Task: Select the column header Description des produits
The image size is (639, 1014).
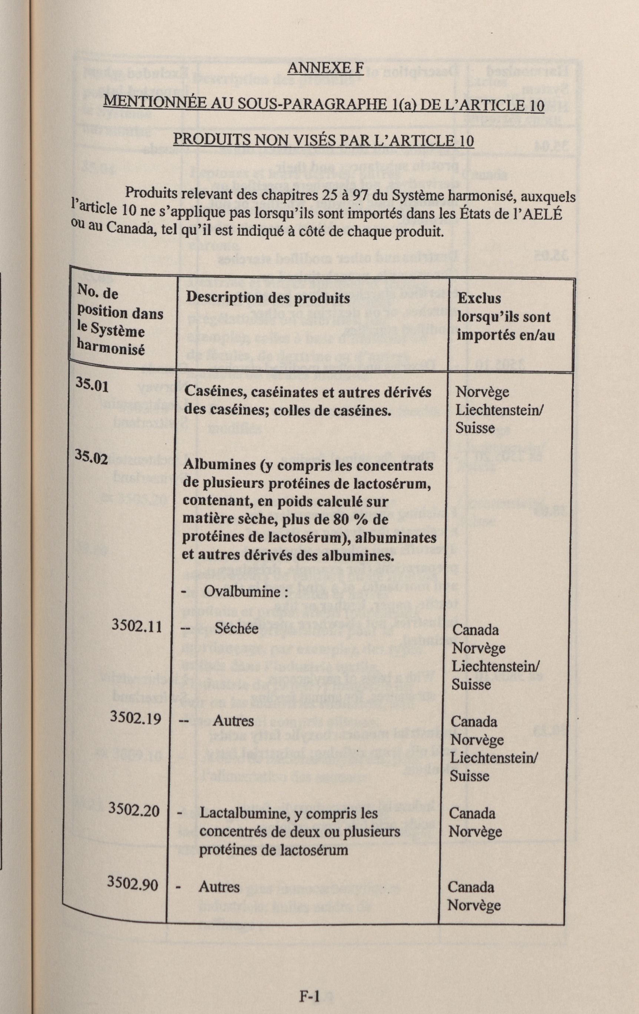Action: [x=268, y=298]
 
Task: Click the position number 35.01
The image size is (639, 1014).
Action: [x=92, y=384]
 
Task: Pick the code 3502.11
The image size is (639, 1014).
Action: [x=136, y=626]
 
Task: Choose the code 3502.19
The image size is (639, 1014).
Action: [x=135, y=718]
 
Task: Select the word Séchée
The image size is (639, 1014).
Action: [x=236, y=629]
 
